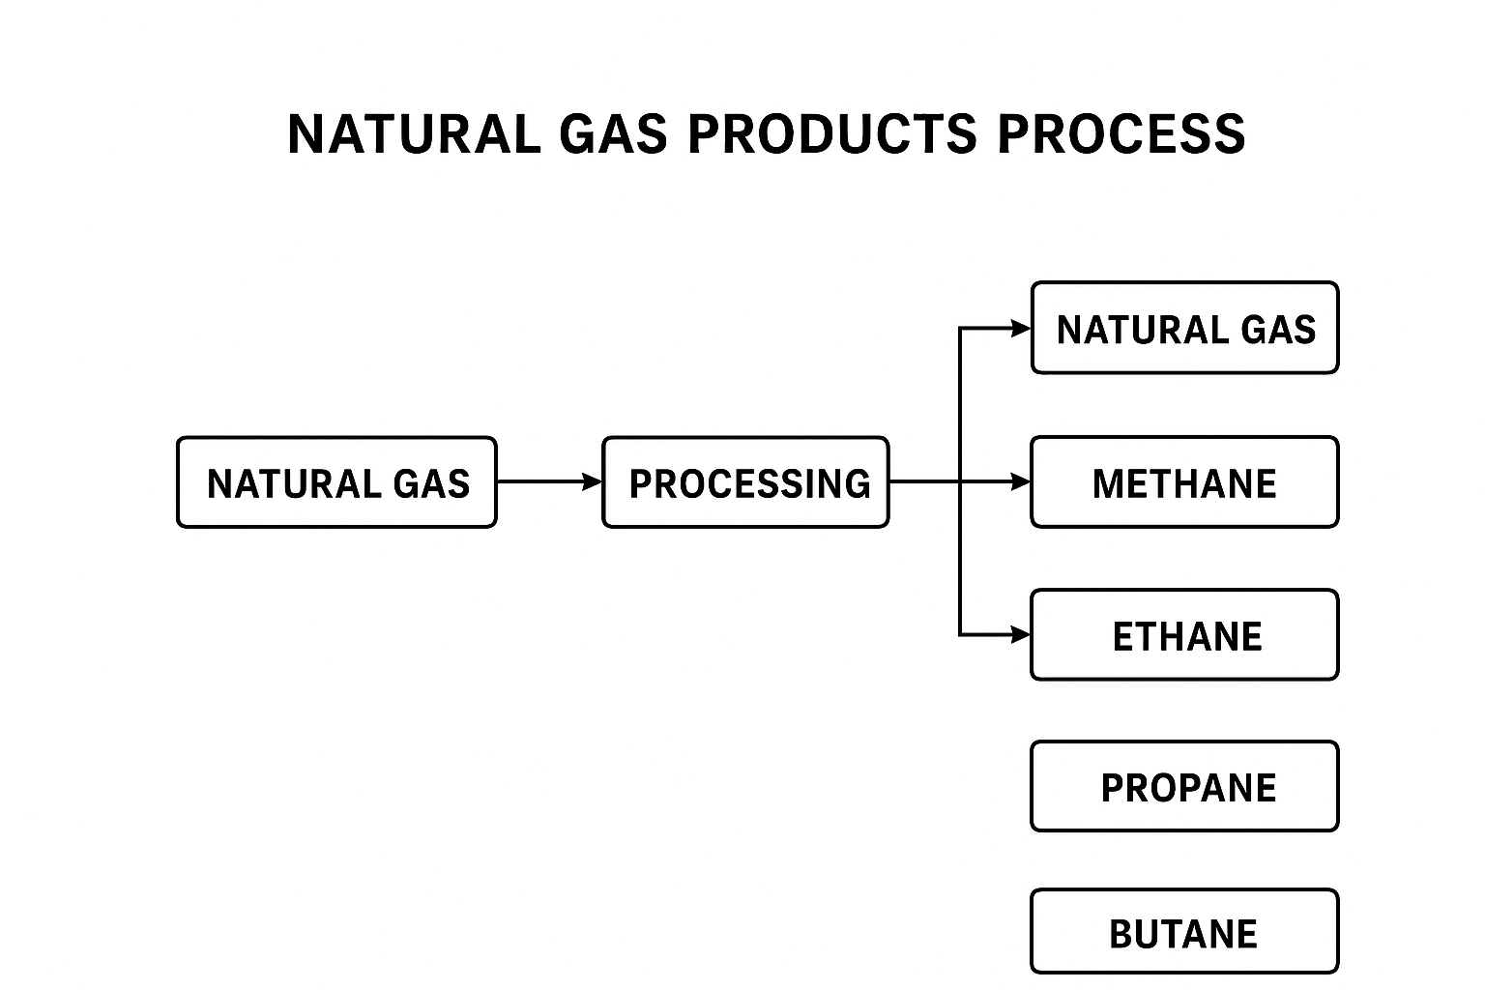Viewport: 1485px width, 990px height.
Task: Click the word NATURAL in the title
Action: pos(414,133)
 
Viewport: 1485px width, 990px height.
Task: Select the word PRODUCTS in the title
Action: pos(831,133)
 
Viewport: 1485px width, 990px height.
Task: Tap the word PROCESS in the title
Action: pos(1121,133)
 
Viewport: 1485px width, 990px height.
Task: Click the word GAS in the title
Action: pos(614,133)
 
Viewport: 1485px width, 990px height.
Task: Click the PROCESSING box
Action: pos(745,482)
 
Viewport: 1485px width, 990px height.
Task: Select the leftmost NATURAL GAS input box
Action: pos(336,482)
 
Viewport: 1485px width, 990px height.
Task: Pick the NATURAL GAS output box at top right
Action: pos(1184,329)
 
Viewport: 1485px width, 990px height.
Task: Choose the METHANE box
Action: pos(1184,482)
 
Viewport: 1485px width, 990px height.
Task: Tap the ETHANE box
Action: pos(1184,635)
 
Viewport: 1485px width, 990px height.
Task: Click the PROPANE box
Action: pos(1184,787)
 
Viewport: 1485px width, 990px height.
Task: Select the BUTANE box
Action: pos(1184,932)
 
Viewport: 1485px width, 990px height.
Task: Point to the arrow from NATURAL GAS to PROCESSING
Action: pos(546,481)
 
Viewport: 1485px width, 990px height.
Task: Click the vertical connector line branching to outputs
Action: pos(960,561)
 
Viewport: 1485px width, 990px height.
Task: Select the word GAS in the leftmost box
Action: pos(431,483)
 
